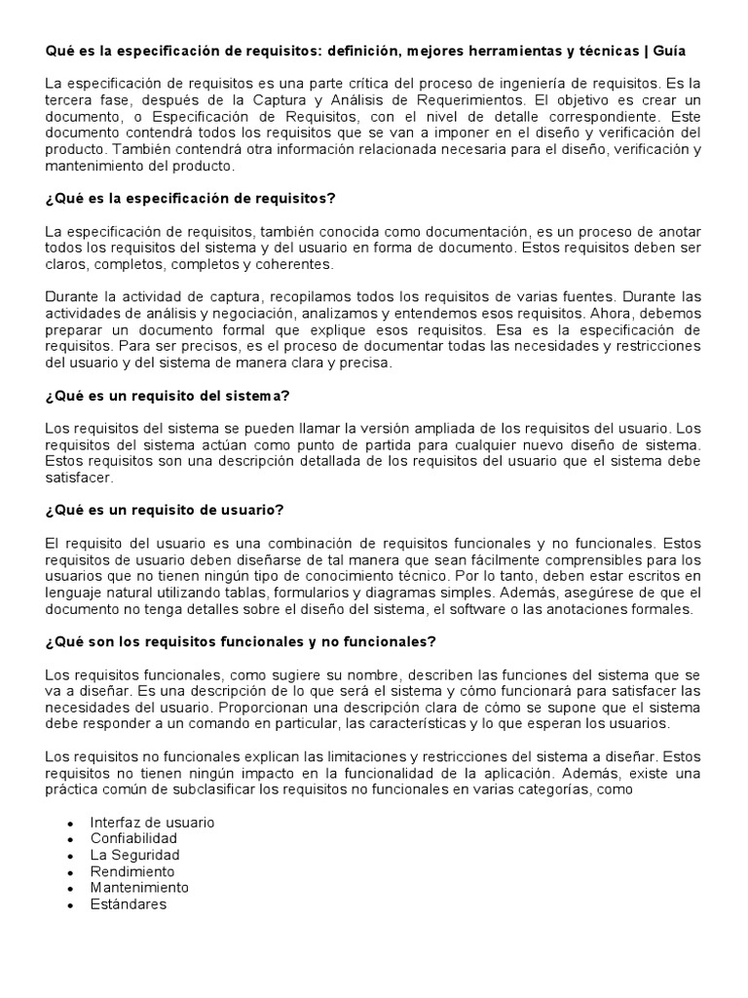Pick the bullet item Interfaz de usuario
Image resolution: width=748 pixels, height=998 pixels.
(152, 822)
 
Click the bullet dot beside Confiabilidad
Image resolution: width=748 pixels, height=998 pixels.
(69, 839)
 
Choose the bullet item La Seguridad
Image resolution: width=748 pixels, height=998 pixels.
(134, 855)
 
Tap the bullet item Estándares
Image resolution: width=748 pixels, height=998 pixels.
(128, 903)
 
